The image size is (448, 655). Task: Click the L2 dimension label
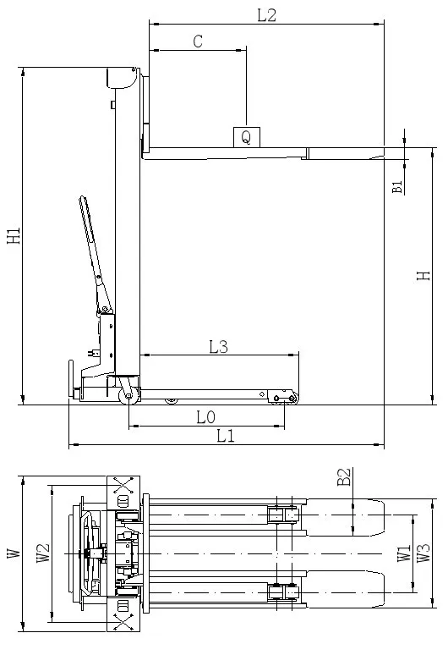tap(266, 14)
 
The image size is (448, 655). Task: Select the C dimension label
tap(198, 41)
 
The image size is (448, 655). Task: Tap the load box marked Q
tap(246, 136)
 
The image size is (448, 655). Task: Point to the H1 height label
tap(14, 236)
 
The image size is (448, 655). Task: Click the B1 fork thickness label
tap(397, 186)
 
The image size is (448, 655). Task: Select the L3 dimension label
tap(218, 345)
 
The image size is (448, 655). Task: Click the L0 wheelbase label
tap(205, 417)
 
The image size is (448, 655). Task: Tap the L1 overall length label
tap(225, 437)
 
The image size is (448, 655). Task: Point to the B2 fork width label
tap(344, 479)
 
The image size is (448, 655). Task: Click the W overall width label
tap(13, 553)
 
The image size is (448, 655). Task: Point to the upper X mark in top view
tap(124, 486)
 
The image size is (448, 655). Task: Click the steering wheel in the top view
tap(87, 553)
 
